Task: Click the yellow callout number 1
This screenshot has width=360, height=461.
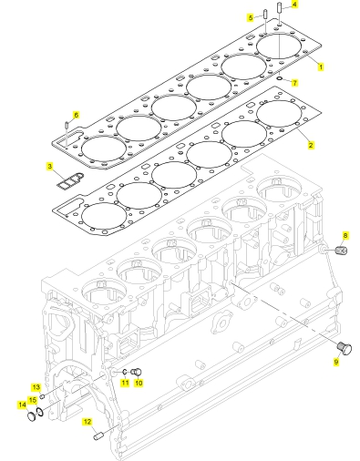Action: [x=320, y=67]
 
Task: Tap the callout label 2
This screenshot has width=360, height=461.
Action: [x=311, y=145]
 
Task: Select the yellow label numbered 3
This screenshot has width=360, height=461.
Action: [x=50, y=167]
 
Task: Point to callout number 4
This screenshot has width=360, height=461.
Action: [x=294, y=5]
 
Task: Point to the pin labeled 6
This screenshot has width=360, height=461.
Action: [x=67, y=125]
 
